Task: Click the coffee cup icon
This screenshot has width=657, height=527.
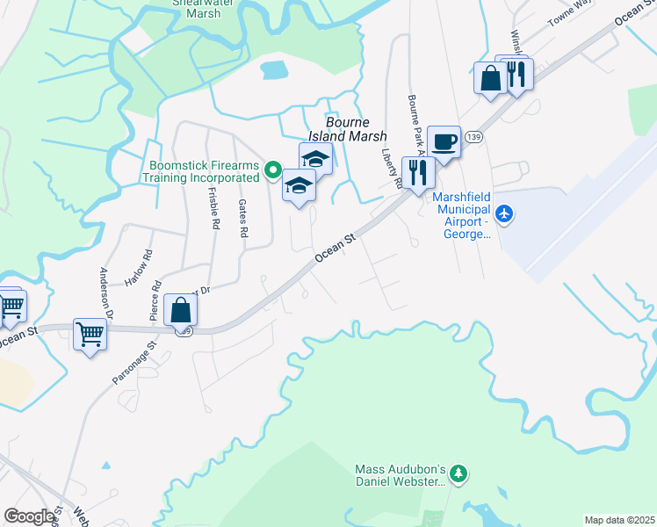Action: (x=444, y=141)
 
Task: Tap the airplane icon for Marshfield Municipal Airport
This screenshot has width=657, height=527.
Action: (x=504, y=213)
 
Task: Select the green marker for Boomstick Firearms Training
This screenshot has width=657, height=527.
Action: (x=272, y=170)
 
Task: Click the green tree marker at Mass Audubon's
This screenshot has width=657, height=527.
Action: (x=458, y=475)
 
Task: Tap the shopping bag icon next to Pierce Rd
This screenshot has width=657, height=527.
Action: (x=180, y=310)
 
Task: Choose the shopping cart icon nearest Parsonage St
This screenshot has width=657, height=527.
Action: (x=90, y=334)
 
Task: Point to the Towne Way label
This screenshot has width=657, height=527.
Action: (x=571, y=13)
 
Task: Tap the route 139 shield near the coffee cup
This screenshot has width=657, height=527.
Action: (x=473, y=137)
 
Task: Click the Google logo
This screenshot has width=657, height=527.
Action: (x=29, y=516)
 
